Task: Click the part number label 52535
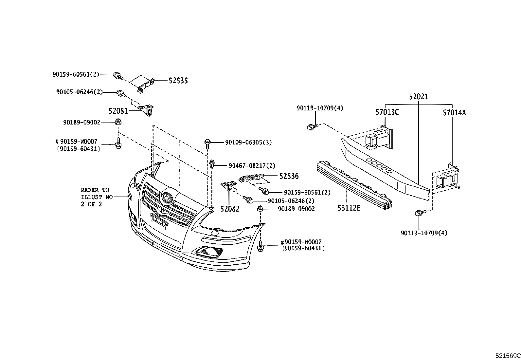pos(178,81)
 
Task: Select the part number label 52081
pos(118,111)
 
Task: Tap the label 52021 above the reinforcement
pos(419,97)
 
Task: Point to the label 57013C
pos(387,112)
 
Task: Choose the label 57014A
pos(454,113)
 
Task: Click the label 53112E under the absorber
pos(349,208)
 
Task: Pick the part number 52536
pos(289,176)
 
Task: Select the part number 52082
pos(230,209)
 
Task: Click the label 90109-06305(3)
pos(248,142)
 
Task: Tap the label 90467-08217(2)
pos(252,166)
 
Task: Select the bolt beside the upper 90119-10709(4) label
pos(311,127)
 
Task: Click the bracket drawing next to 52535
pos(146,85)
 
